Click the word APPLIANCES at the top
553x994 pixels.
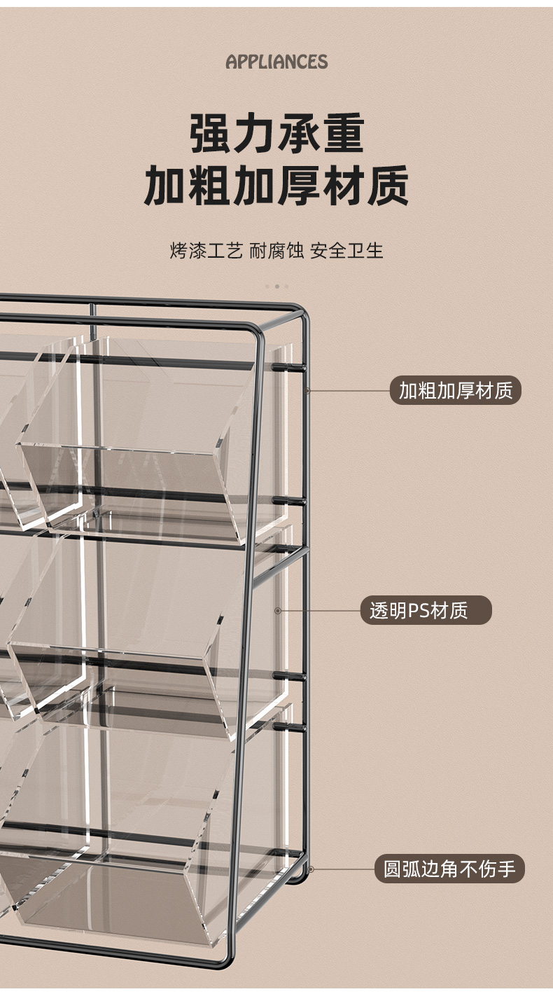(276, 62)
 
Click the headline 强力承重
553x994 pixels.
(276, 134)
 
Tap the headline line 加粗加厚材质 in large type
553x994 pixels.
(276, 186)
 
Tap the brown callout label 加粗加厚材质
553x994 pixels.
(456, 390)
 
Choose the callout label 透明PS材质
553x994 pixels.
(426, 610)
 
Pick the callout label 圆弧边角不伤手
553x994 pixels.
(449, 869)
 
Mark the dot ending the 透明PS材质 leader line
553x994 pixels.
(278, 611)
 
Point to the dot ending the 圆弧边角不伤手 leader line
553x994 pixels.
(311, 869)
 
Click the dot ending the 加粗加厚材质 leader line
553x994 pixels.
(307, 390)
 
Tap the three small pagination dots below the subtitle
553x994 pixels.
(276, 286)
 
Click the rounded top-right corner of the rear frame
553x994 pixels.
(301, 310)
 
